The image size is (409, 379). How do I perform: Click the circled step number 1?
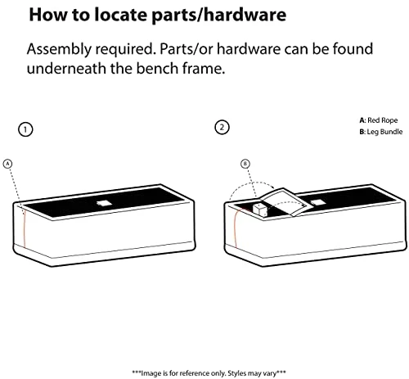coord(25,129)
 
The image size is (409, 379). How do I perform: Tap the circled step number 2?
coord(222,128)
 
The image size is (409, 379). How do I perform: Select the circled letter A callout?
coord(7,164)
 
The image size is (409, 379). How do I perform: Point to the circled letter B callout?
coord(245,164)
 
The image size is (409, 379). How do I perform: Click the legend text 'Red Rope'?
coord(382,120)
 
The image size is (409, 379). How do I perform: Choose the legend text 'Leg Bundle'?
coord(384,132)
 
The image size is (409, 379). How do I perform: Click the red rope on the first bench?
coord(24,230)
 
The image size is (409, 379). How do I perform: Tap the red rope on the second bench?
coord(236,228)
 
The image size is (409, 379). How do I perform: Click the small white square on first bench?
coord(103,203)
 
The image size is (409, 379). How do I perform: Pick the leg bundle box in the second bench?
coord(260,210)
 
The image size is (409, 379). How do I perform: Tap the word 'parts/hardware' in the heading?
coord(218,16)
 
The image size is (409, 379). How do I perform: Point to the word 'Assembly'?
coord(59,50)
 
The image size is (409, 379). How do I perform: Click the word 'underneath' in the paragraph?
coord(66,68)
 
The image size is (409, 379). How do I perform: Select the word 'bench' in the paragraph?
coord(157,68)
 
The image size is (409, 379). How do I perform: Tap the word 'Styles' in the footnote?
coord(236,373)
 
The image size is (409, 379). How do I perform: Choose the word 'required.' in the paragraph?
coord(125,50)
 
